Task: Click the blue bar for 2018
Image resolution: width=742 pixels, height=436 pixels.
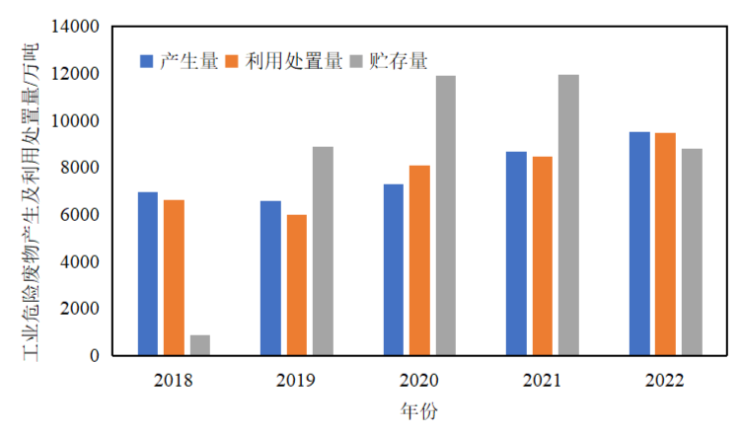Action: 148,273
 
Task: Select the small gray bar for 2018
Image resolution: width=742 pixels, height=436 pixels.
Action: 200,344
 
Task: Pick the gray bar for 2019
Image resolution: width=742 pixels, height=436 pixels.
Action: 323,251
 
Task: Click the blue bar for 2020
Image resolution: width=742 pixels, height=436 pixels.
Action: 394,269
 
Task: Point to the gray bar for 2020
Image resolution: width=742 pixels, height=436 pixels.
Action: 446,215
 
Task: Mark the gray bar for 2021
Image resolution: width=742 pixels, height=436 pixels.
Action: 568,214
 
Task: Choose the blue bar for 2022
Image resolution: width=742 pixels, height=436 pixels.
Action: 639,243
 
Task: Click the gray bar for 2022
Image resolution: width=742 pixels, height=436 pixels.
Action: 691,252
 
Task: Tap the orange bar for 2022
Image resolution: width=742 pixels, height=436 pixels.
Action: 665,244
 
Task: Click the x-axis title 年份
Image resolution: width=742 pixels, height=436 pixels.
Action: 419,409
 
